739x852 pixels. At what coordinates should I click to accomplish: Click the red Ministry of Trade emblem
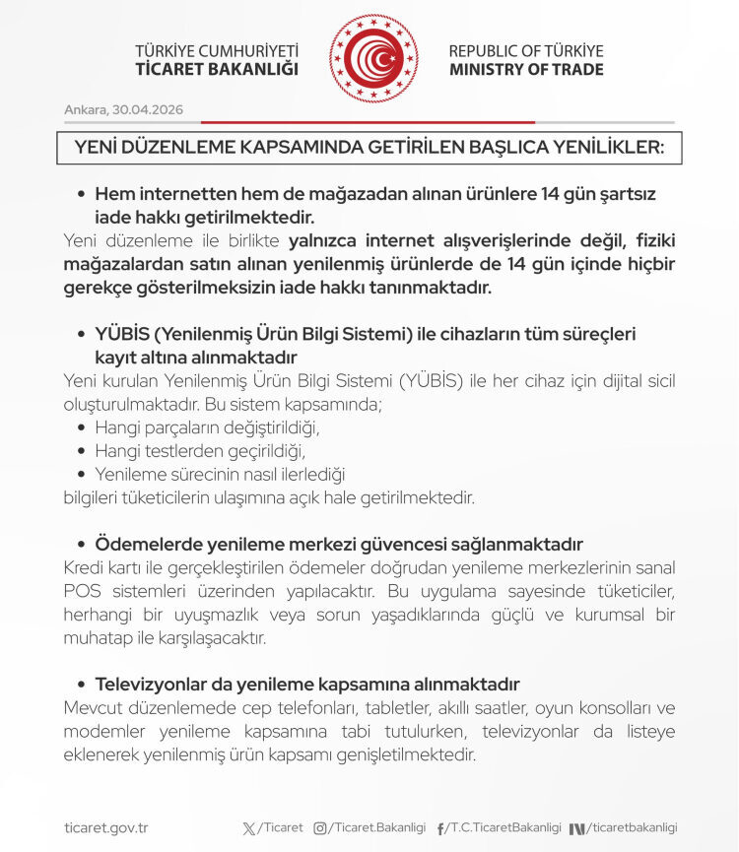tap(373, 58)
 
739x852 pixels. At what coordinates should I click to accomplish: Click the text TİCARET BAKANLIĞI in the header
tap(217, 70)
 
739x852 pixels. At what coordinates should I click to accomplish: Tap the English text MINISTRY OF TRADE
tap(526, 70)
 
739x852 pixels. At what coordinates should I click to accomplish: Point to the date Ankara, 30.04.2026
tap(124, 109)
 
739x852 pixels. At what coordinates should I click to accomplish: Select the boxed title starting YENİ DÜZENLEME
tap(369, 147)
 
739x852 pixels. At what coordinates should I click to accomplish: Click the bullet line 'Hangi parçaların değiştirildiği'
tap(207, 427)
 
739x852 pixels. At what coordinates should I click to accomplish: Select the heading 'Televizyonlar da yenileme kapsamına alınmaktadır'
tap(306, 684)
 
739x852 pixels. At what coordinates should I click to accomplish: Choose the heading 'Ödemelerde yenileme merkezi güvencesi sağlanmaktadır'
tap(339, 544)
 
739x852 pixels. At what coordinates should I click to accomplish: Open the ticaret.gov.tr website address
tap(105, 828)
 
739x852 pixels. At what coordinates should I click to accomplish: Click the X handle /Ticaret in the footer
tap(280, 828)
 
